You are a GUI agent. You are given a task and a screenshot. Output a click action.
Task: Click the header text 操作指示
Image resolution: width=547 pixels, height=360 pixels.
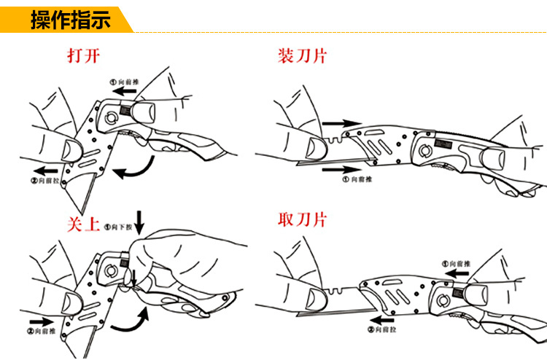[70, 19]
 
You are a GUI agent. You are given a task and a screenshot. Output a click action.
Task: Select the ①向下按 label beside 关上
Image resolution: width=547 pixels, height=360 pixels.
[118, 227]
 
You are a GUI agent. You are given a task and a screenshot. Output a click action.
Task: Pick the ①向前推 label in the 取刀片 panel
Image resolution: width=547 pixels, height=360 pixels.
[457, 262]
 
